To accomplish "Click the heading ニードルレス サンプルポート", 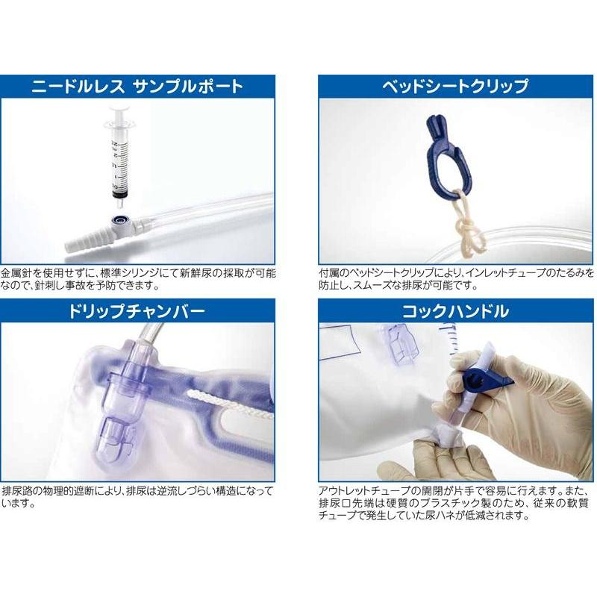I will pos(137,86).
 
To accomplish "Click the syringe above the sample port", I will pos(118,160).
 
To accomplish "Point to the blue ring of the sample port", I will pos(118,221).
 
